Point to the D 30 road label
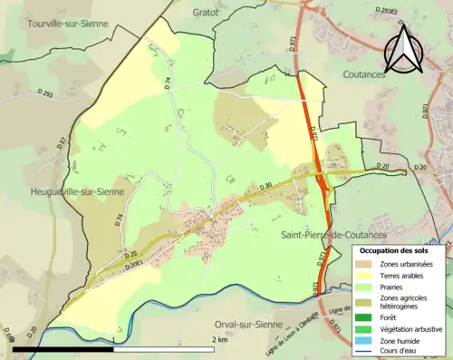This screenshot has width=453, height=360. click(264, 187)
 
